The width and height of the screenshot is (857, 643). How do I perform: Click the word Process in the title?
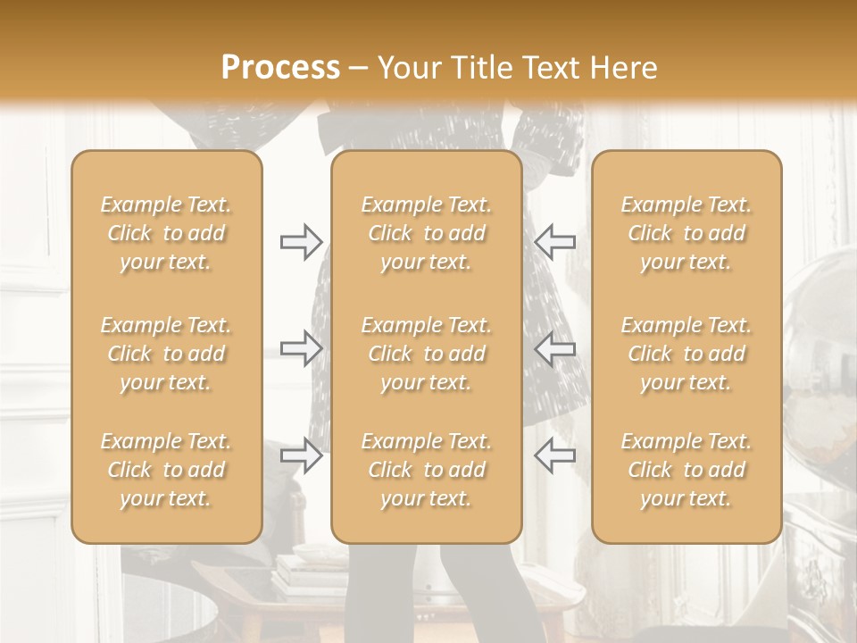[280, 68]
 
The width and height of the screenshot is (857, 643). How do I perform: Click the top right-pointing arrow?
[301, 241]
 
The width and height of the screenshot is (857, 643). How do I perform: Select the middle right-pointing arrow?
[301, 348]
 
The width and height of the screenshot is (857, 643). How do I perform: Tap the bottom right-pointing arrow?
[301, 455]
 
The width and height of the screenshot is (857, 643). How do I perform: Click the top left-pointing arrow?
[554, 241]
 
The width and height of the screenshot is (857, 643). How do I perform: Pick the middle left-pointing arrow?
[554, 348]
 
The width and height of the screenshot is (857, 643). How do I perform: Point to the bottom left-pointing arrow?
[554, 455]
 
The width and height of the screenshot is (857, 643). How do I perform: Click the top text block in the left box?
[166, 233]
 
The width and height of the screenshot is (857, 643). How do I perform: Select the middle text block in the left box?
[166, 354]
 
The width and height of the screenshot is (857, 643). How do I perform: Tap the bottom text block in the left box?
[166, 470]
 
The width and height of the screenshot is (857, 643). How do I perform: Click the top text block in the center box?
[426, 233]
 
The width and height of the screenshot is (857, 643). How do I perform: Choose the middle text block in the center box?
[426, 354]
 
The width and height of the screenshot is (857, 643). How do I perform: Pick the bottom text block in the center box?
[426, 470]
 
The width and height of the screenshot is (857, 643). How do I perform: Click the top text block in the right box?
[686, 233]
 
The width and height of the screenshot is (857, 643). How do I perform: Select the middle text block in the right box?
[686, 354]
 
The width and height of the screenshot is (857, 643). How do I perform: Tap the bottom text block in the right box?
[686, 470]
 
